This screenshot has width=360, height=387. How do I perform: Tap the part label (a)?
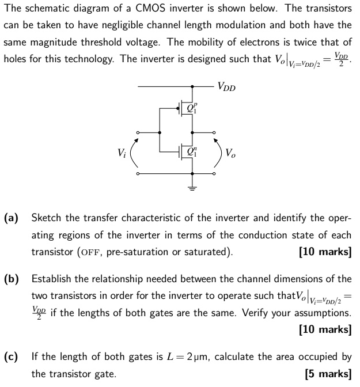(12, 218)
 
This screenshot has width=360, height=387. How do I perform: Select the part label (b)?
(12, 279)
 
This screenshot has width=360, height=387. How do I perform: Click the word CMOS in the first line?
(151, 9)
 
